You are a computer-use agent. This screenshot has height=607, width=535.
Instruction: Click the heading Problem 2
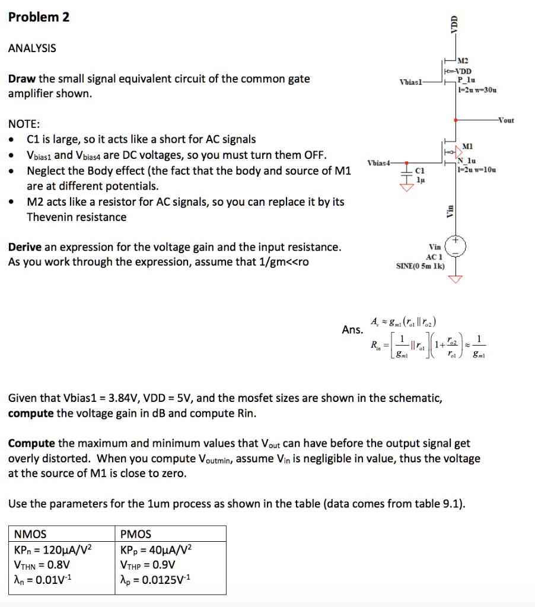pos(39,17)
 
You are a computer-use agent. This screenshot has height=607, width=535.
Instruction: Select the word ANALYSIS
pos(32,49)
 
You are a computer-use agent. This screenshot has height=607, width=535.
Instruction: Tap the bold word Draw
pos(23,79)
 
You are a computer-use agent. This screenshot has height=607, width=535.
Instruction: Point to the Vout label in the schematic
pos(506,120)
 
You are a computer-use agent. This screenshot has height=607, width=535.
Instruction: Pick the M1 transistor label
pos(467,146)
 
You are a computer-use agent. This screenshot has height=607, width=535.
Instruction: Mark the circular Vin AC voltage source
pos(455,245)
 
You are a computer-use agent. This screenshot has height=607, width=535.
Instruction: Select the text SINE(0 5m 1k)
pos(420,266)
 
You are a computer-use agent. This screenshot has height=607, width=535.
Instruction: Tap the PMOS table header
pos(136,534)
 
